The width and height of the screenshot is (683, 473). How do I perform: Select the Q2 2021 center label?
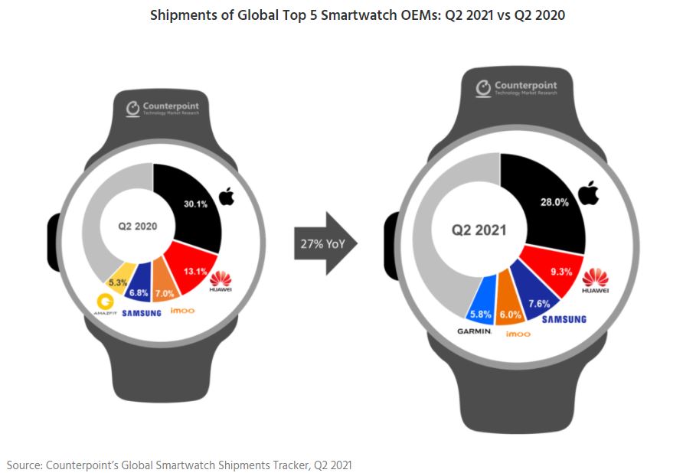[479, 230]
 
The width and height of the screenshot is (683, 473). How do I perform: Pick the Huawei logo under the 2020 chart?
[222, 284]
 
